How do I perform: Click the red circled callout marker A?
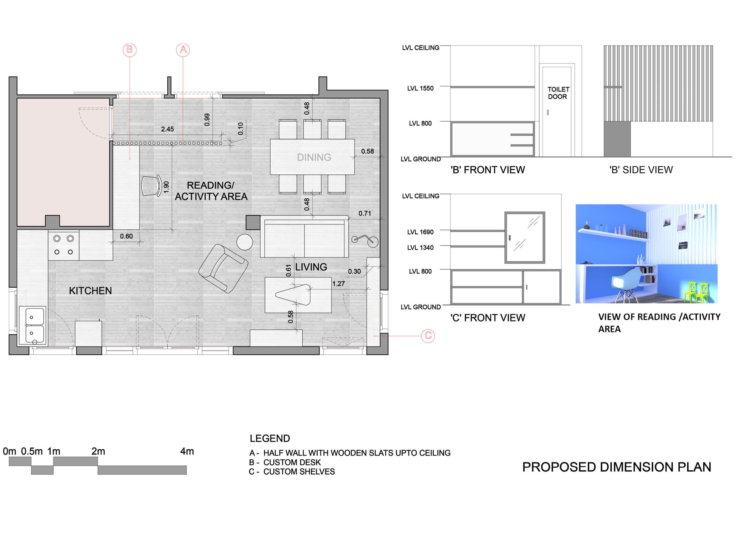coord(183,50)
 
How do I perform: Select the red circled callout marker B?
coord(130,50)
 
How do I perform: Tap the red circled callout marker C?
coord(428,336)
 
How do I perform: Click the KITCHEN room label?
coord(91,291)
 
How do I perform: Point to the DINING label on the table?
coord(314,158)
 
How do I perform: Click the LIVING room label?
coord(311,267)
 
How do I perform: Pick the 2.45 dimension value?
coord(167,129)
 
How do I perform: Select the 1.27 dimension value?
coord(338,284)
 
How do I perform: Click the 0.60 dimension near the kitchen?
coord(126,236)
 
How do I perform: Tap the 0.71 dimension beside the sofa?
coord(365,213)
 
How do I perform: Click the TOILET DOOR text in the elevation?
coord(558,93)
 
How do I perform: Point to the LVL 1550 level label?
coord(421,88)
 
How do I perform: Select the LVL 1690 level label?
coord(421,232)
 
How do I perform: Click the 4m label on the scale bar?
coord(187,451)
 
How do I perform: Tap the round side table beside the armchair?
coord(245,242)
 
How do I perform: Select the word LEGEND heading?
coord(270,438)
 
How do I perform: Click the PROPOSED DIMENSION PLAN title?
coord(617,467)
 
